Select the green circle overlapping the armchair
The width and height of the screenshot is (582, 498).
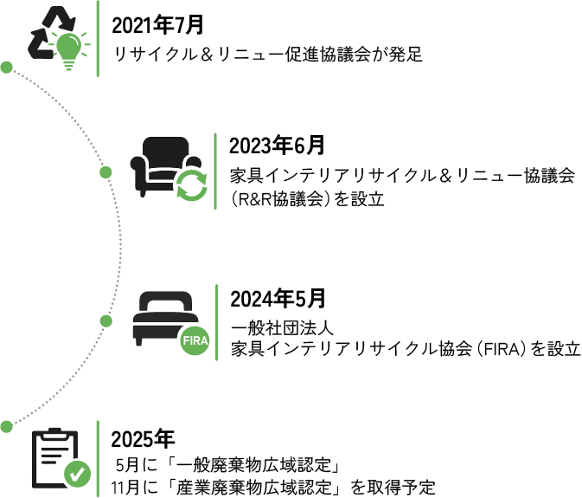point(193,189)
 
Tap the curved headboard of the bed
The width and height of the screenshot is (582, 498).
point(164,299)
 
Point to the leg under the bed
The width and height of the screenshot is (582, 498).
point(138,344)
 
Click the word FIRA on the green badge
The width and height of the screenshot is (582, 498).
point(195,341)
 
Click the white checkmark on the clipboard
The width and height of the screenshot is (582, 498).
point(77,474)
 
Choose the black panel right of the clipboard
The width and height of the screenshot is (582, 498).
point(346,462)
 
